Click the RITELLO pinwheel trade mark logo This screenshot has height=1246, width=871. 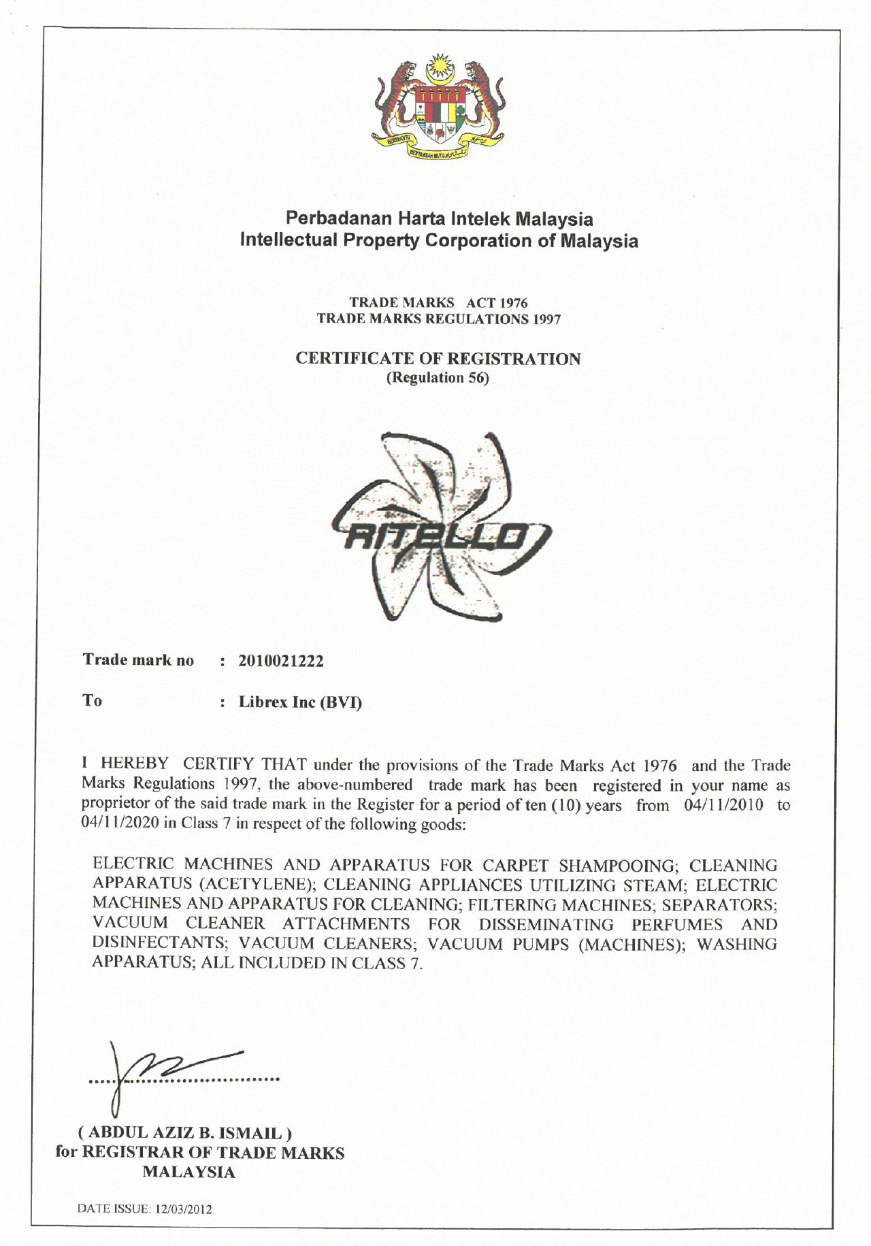(440, 527)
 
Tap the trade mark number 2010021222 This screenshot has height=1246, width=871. (281, 661)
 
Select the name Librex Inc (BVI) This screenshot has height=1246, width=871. (300, 702)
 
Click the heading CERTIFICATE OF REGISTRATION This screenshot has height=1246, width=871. (438, 359)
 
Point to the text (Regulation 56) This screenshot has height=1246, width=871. (438, 378)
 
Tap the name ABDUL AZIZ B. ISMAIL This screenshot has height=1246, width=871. (186, 1133)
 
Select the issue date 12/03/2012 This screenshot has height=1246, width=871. (184, 1209)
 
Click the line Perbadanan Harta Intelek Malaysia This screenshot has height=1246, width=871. (439, 218)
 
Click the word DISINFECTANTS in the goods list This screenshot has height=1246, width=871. (161, 944)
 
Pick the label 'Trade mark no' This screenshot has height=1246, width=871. (138, 660)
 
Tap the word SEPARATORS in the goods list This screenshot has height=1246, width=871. (719, 905)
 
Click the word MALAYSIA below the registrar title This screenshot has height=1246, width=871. (188, 1172)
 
